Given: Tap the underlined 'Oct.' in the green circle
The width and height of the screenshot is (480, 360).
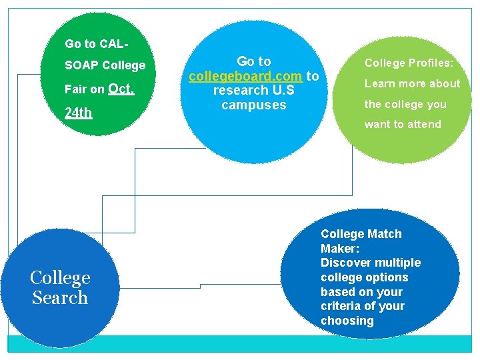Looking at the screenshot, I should click(121, 88).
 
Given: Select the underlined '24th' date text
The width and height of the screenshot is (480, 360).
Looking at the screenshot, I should click(78, 112).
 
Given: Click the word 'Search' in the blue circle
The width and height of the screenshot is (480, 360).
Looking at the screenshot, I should click(60, 297).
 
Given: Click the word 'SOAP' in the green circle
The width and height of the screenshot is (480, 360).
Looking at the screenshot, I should click(81, 65).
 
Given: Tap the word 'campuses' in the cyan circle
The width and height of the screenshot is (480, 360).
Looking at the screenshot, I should click(253, 105).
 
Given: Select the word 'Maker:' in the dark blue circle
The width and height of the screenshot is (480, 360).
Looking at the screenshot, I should click(340, 248).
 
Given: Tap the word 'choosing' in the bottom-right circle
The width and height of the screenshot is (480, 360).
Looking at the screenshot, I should click(347, 321).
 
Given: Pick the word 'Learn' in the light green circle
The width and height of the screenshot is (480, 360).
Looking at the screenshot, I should click(379, 83).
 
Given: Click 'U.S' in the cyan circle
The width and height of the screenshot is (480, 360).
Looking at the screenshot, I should click(284, 90).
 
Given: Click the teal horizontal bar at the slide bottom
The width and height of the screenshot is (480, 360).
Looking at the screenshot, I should click(240, 343).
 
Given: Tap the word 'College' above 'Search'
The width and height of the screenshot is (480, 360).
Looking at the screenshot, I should click(60, 278).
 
